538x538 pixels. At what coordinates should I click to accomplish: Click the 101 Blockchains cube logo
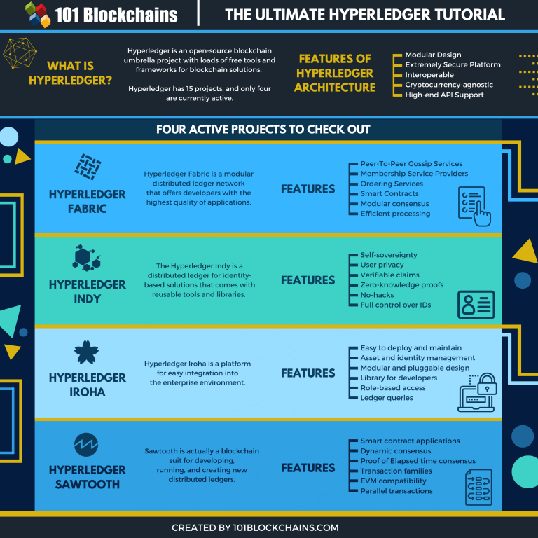point(39,14)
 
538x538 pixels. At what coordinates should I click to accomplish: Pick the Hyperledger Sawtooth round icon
point(87,444)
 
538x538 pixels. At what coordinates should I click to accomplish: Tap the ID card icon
point(476,304)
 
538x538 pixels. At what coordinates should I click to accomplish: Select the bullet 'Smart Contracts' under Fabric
point(389,193)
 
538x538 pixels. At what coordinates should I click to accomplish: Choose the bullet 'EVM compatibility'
point(393,481)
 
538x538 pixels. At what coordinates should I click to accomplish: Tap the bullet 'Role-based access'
point(392,388)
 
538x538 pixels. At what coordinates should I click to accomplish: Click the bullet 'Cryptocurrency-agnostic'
point(448,85)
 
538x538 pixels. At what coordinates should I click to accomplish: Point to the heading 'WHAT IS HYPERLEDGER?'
point(70,74)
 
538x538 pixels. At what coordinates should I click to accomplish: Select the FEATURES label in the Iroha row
point(308,373)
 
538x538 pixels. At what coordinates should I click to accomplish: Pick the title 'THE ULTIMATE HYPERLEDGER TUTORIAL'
point(364,15)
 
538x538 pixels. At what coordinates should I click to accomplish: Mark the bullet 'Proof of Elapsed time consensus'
point(418,461)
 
